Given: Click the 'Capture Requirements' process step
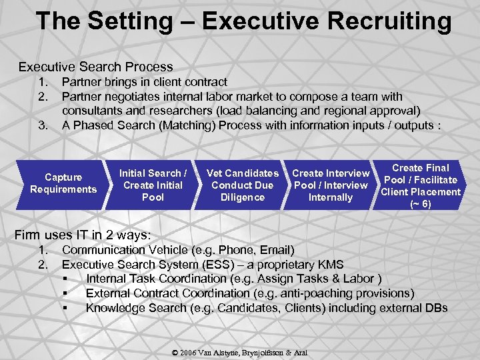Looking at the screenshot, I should (x=63, y=183).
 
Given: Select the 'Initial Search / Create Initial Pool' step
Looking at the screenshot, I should (x=153, y=185).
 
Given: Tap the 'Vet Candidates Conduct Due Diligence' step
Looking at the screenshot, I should (x=242, y=185).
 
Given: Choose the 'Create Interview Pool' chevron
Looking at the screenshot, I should (x=331, y=185).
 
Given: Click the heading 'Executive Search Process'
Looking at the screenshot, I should (x=95, y=67).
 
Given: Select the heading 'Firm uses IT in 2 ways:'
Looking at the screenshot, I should (x=83, y=235).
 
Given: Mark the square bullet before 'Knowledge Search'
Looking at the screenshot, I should (x=65, y=308).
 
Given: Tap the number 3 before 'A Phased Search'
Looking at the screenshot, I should (x=43, y=125).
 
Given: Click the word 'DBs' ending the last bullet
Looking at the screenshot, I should (x=434, y=308).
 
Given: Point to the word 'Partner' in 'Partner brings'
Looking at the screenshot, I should (x=81, y=82).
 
